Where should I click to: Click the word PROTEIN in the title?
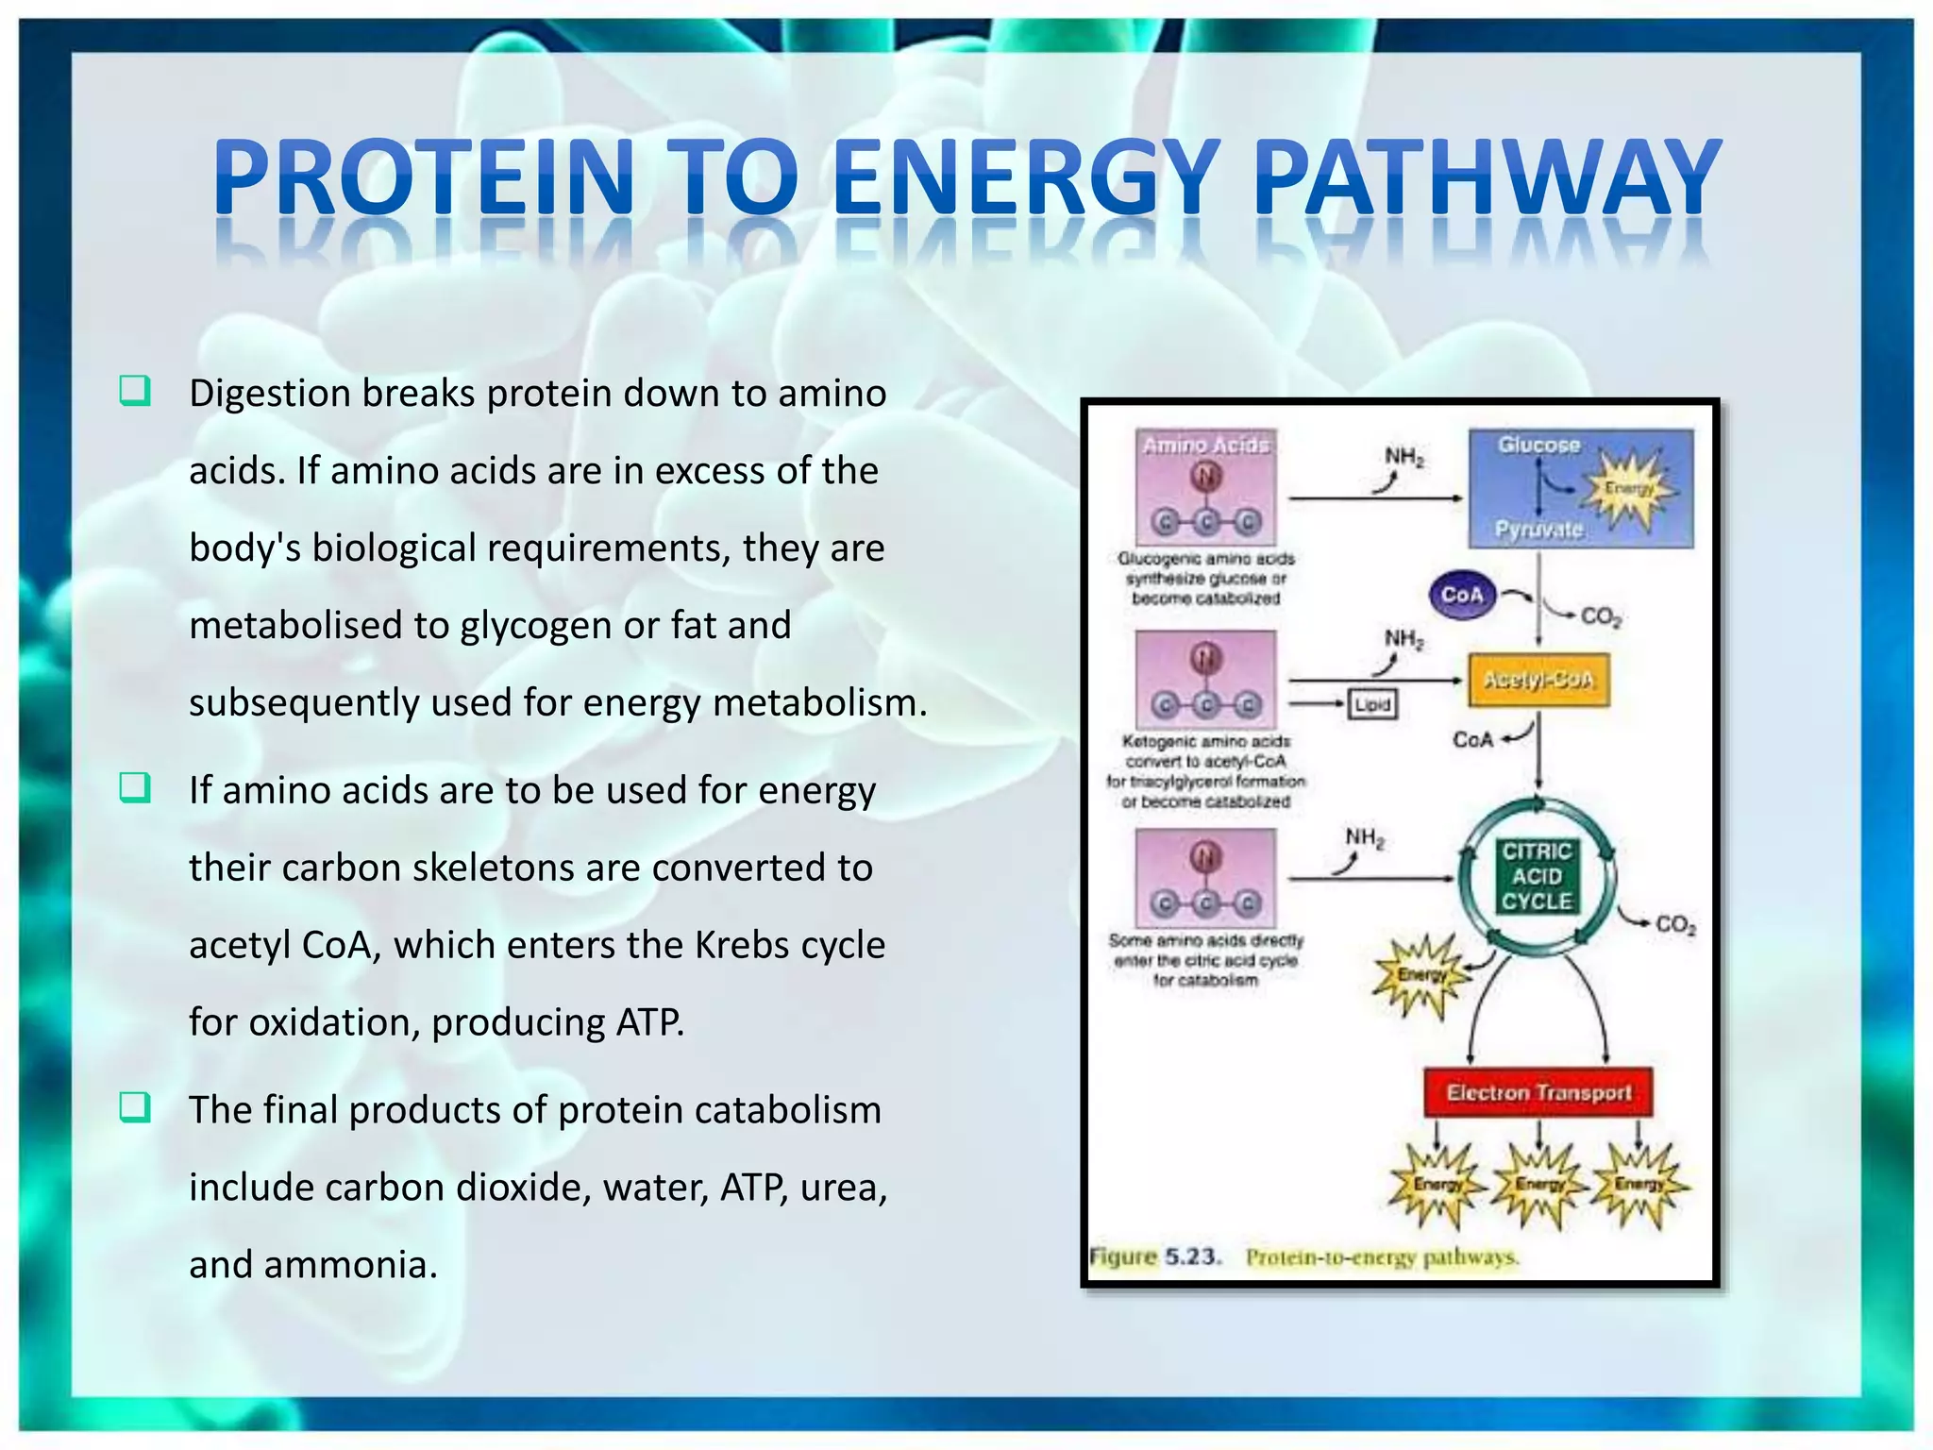(423, 177)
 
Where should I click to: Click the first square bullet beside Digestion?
(134, 391)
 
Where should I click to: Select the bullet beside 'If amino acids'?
(134, 787)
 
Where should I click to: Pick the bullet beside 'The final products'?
(134, 1107)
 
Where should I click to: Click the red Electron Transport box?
(1538, 1092)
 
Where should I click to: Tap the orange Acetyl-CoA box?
(1538, 680)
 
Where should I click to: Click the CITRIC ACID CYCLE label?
(1537, 876)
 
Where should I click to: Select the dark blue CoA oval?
(1462, 595)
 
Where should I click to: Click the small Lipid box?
(1372, 704)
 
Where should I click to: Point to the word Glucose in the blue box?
(1538, 445)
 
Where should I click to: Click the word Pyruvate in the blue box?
(1538, 529)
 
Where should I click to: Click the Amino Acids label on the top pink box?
(1205, 445)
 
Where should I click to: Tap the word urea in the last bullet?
(843, 1188)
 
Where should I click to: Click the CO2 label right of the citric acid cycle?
(1675, 924)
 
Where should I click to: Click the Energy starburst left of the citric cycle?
(1421, 975)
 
